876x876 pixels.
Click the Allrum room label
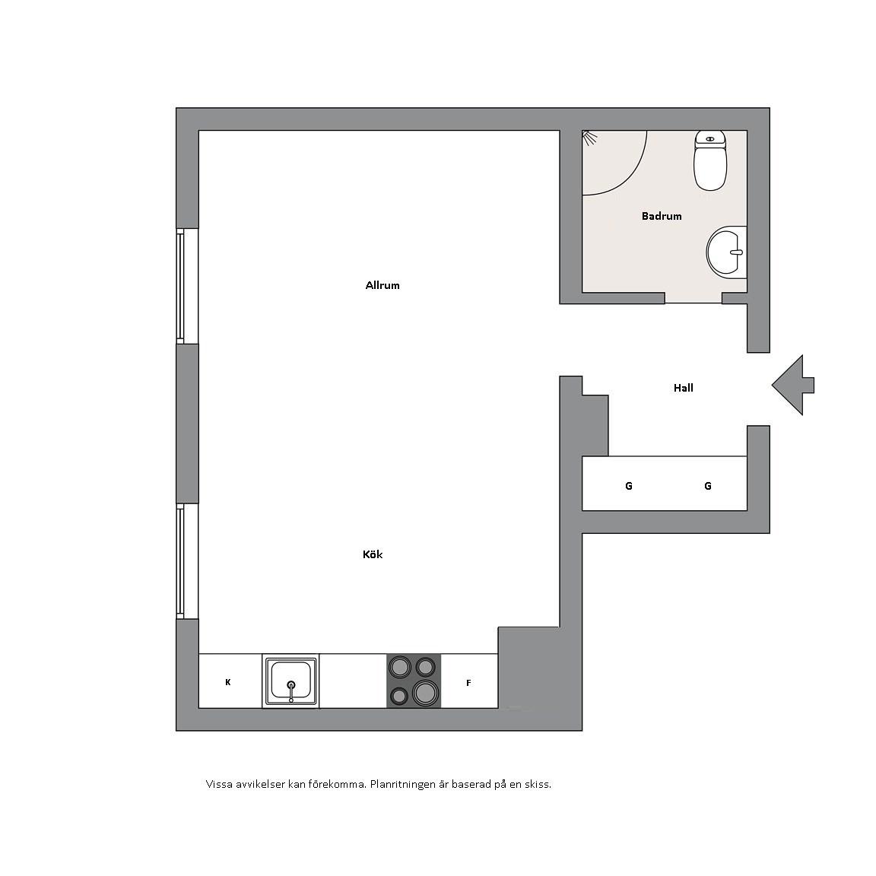(382, 285)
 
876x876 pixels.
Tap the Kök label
(373, 554)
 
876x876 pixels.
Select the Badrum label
(662, 216)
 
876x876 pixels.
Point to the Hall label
(684, 388)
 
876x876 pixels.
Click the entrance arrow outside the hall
(792, 385)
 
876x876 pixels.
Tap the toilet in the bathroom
(710, 160)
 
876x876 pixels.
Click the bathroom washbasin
(727, 252)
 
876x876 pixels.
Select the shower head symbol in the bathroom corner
(589, 138)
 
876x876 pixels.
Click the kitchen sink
(290, 681)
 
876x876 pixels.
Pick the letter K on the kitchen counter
(228, 682)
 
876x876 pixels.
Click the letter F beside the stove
(468, 683)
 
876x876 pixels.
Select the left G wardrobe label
(629, 486)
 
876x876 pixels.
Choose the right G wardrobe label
(708, 486)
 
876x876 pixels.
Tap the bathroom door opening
(693, 298)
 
